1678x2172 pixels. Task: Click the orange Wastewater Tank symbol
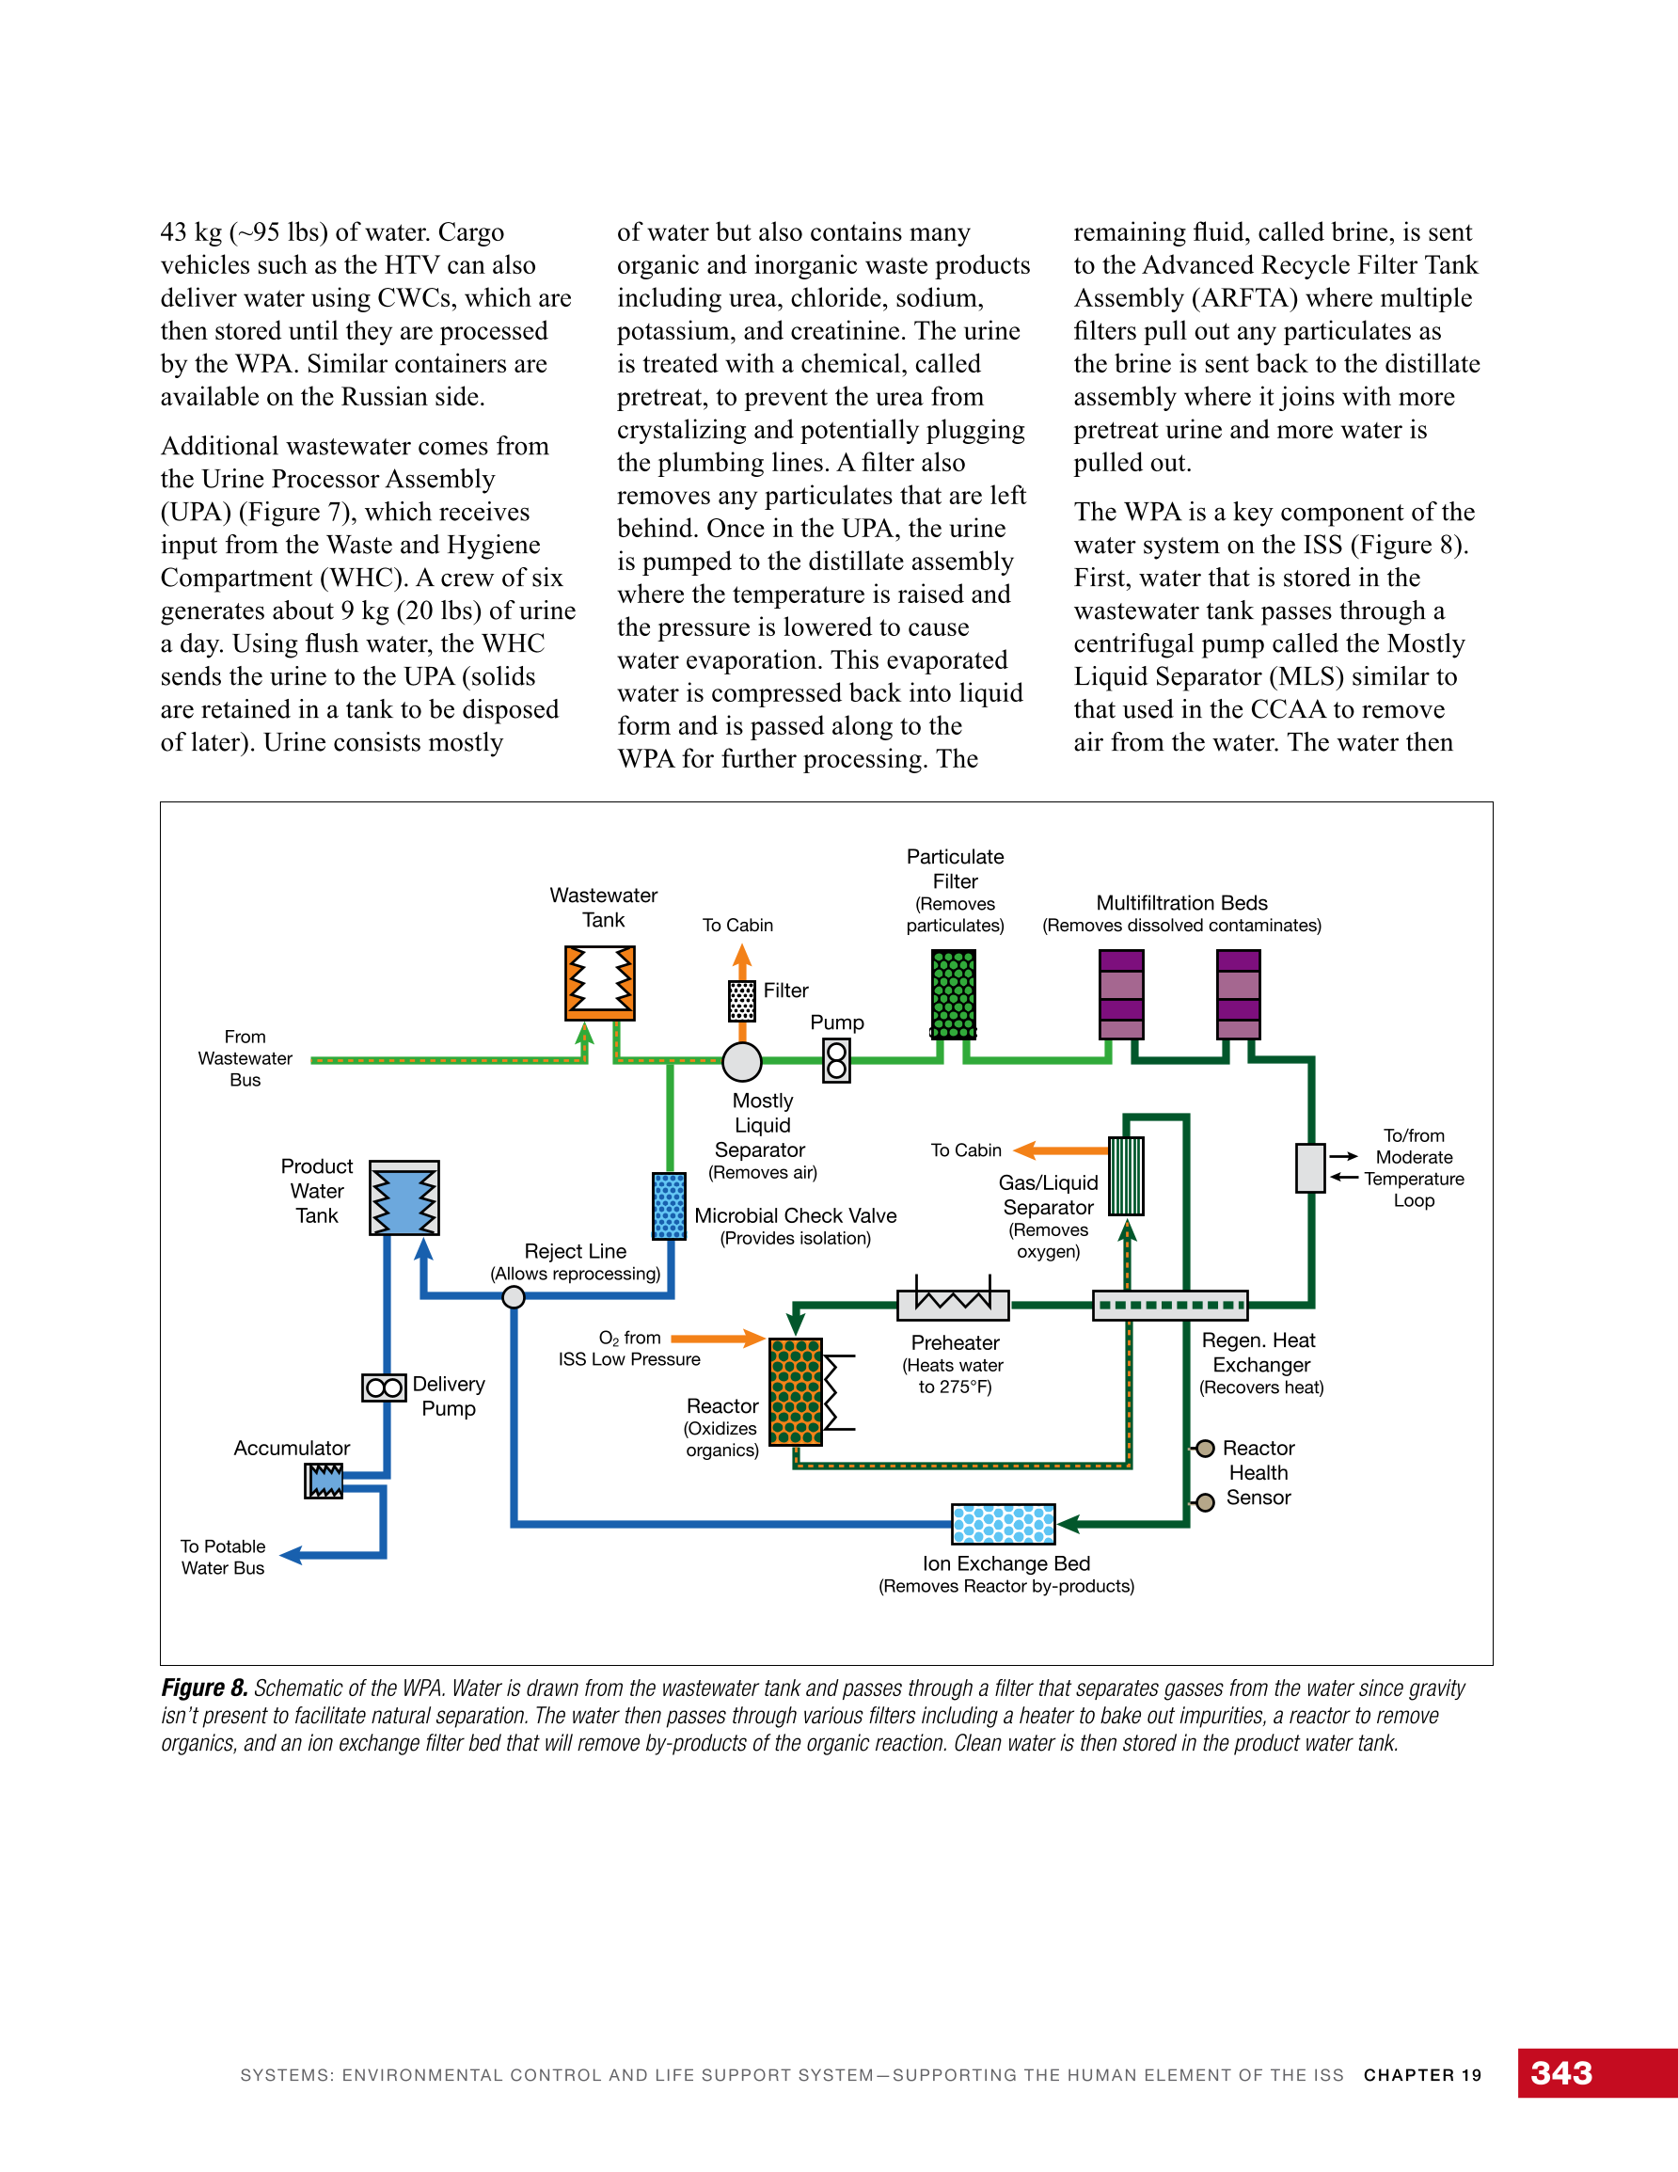point(600,983)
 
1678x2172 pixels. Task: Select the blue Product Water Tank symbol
point(404,1197)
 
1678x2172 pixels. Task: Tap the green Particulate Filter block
point(953,993)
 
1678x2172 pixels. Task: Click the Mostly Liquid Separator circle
point(742,1061)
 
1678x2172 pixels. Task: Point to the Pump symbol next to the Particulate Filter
point(836,1061)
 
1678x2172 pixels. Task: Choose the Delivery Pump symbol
point(384,1387)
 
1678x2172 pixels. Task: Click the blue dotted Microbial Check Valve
point(670,1205)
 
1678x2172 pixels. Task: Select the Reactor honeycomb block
point(796,1391)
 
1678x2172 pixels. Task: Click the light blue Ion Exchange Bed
point(1004,1523)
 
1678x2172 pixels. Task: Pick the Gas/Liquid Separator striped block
point(1126,1176)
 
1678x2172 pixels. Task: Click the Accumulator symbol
point(325,1481)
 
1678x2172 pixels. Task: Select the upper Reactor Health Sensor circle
point(1205,1448)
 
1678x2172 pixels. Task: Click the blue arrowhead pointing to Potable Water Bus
point(292,1554)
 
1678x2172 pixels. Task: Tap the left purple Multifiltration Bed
point(1121,993)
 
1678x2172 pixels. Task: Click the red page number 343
point(1560,2072)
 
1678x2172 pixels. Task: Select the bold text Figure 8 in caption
point(204,1688)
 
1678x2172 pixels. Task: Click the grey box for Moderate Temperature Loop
point(1311,1167)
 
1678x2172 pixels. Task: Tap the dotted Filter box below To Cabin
point(742,1001)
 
